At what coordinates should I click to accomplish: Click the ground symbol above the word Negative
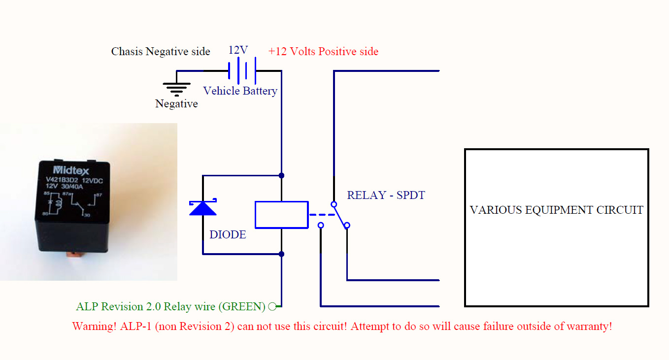[176, 88]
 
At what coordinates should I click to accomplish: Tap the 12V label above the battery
[238, 50]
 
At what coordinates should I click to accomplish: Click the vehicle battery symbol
[242, 71]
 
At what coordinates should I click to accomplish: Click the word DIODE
[228, 235]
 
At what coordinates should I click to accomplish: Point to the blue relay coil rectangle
[281, 215]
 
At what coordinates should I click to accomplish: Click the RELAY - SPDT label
[386, 195]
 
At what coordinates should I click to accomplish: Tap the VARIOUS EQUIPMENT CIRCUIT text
[556, 210]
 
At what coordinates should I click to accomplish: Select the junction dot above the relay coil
[281, 175]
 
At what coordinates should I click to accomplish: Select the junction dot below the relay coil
[281, 254]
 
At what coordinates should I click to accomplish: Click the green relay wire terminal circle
[271, 307]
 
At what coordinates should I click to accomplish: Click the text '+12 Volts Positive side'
[323, 51]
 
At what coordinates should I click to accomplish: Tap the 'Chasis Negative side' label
[161, 51]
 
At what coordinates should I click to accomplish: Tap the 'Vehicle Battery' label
[240, 91]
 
